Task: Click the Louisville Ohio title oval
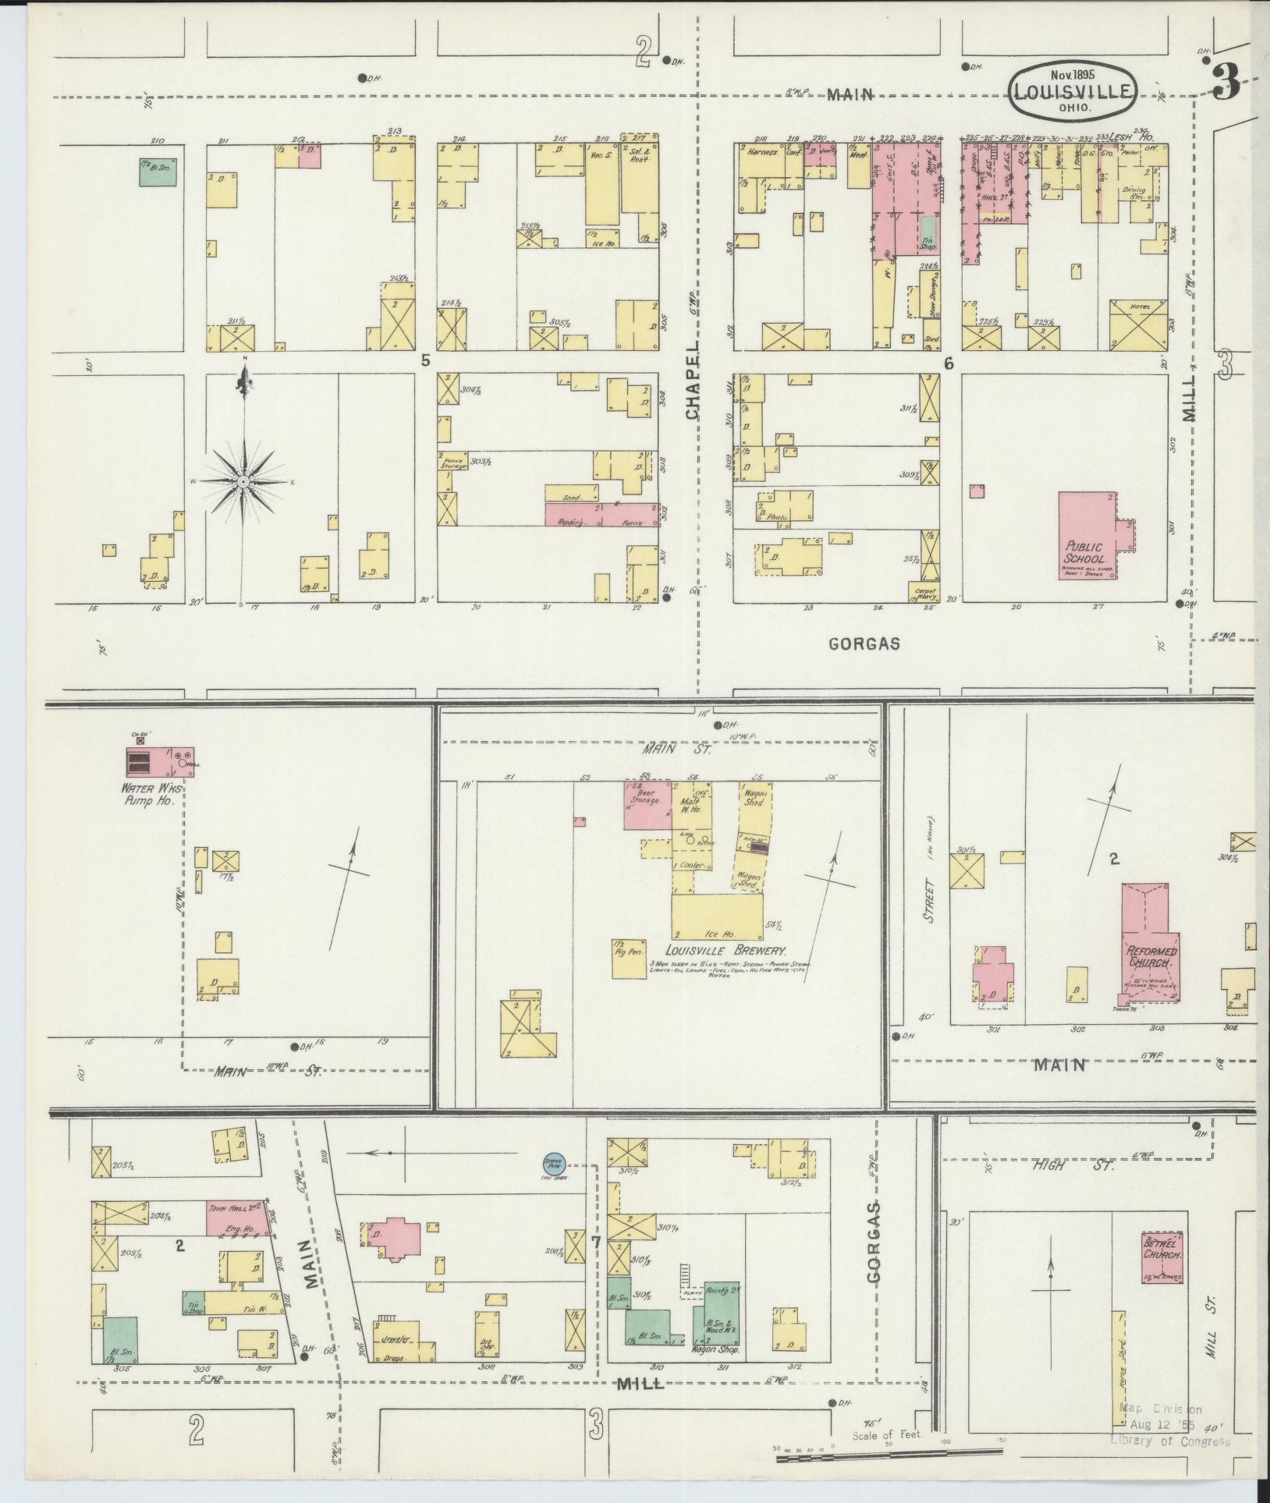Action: tap(1072, 91)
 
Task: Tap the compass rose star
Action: tap(244, 481)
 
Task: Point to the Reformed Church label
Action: tap(1151, 957)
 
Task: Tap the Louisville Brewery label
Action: tap(725, 951)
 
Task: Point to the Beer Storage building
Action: tap(647, 804)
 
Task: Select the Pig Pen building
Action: tap(628, 957)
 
